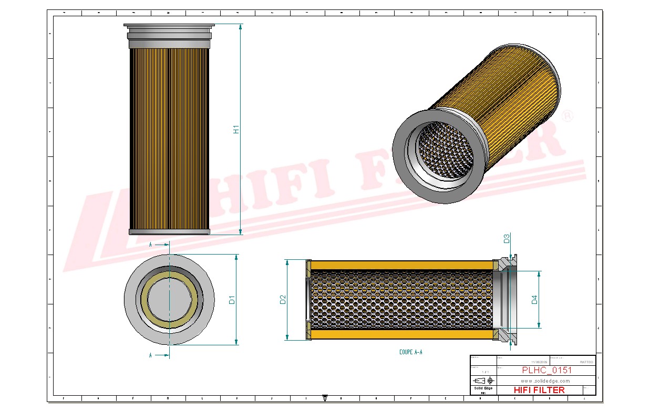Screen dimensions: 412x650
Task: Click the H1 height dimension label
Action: pos(236,129)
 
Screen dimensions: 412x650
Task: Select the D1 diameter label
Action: pos(231,300)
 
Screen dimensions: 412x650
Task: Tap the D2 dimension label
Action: pos(283,300)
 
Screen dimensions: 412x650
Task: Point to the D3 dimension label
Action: pos(507,239)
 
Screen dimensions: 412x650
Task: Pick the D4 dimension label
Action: pos(534,300)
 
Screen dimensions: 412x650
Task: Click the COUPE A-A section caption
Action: pos(410,352)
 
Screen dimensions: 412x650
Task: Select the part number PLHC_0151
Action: pos(546,370)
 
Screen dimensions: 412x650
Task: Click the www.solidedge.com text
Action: pos(545,381)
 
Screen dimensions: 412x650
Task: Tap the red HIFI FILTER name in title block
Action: pos(539,390)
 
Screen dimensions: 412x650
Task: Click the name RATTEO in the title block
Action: pos(586,362)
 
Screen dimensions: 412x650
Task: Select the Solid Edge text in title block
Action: pos(483,388)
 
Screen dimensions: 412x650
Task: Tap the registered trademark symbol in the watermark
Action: pos(568,117)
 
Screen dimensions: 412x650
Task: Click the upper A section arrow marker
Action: pos(159,245)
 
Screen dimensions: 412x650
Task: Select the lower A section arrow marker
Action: pos(159,355)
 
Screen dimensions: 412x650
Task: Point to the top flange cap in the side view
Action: pos(169,25)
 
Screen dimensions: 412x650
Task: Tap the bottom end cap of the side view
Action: pos(169,231)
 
